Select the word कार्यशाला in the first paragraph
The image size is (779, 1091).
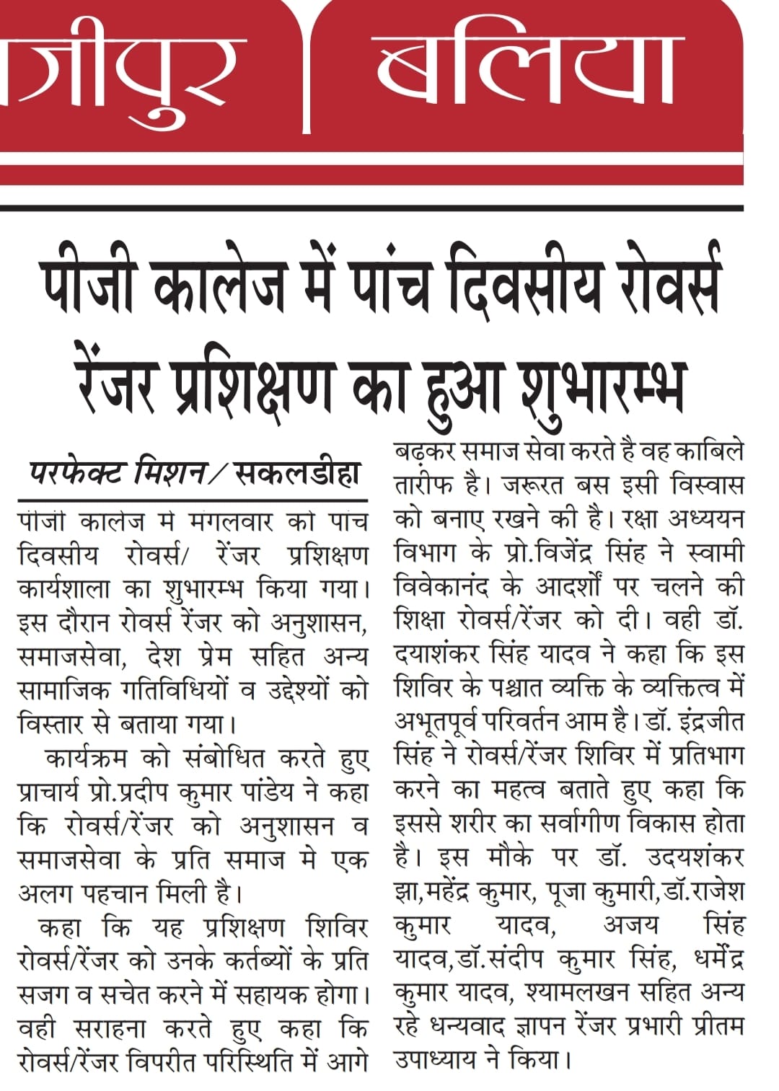click(64, 589)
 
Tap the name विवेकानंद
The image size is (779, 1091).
click(441, 587)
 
